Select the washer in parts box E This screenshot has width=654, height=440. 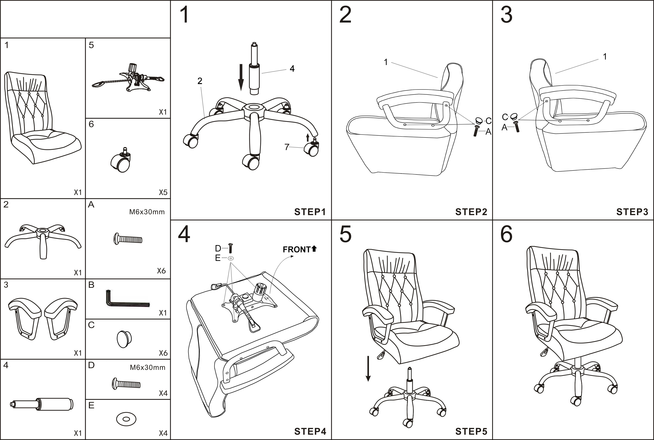[x=126, y=419]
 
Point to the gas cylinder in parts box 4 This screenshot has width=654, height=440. [x=42, y=404]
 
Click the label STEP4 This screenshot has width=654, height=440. [x=310, y=431]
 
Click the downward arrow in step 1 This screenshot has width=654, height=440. [x=241, y=77]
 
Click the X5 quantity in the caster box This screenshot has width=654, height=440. [x=163, y=192]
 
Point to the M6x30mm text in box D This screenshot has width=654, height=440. [x=147, y=367]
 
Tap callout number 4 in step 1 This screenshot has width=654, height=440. [x=292, y=68]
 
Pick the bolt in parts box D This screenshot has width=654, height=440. [x=126, y=384]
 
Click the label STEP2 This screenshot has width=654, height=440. [x=471, y=212]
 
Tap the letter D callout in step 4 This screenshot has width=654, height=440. [x=218, y=248]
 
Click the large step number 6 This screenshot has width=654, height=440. [x=506, y=234]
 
